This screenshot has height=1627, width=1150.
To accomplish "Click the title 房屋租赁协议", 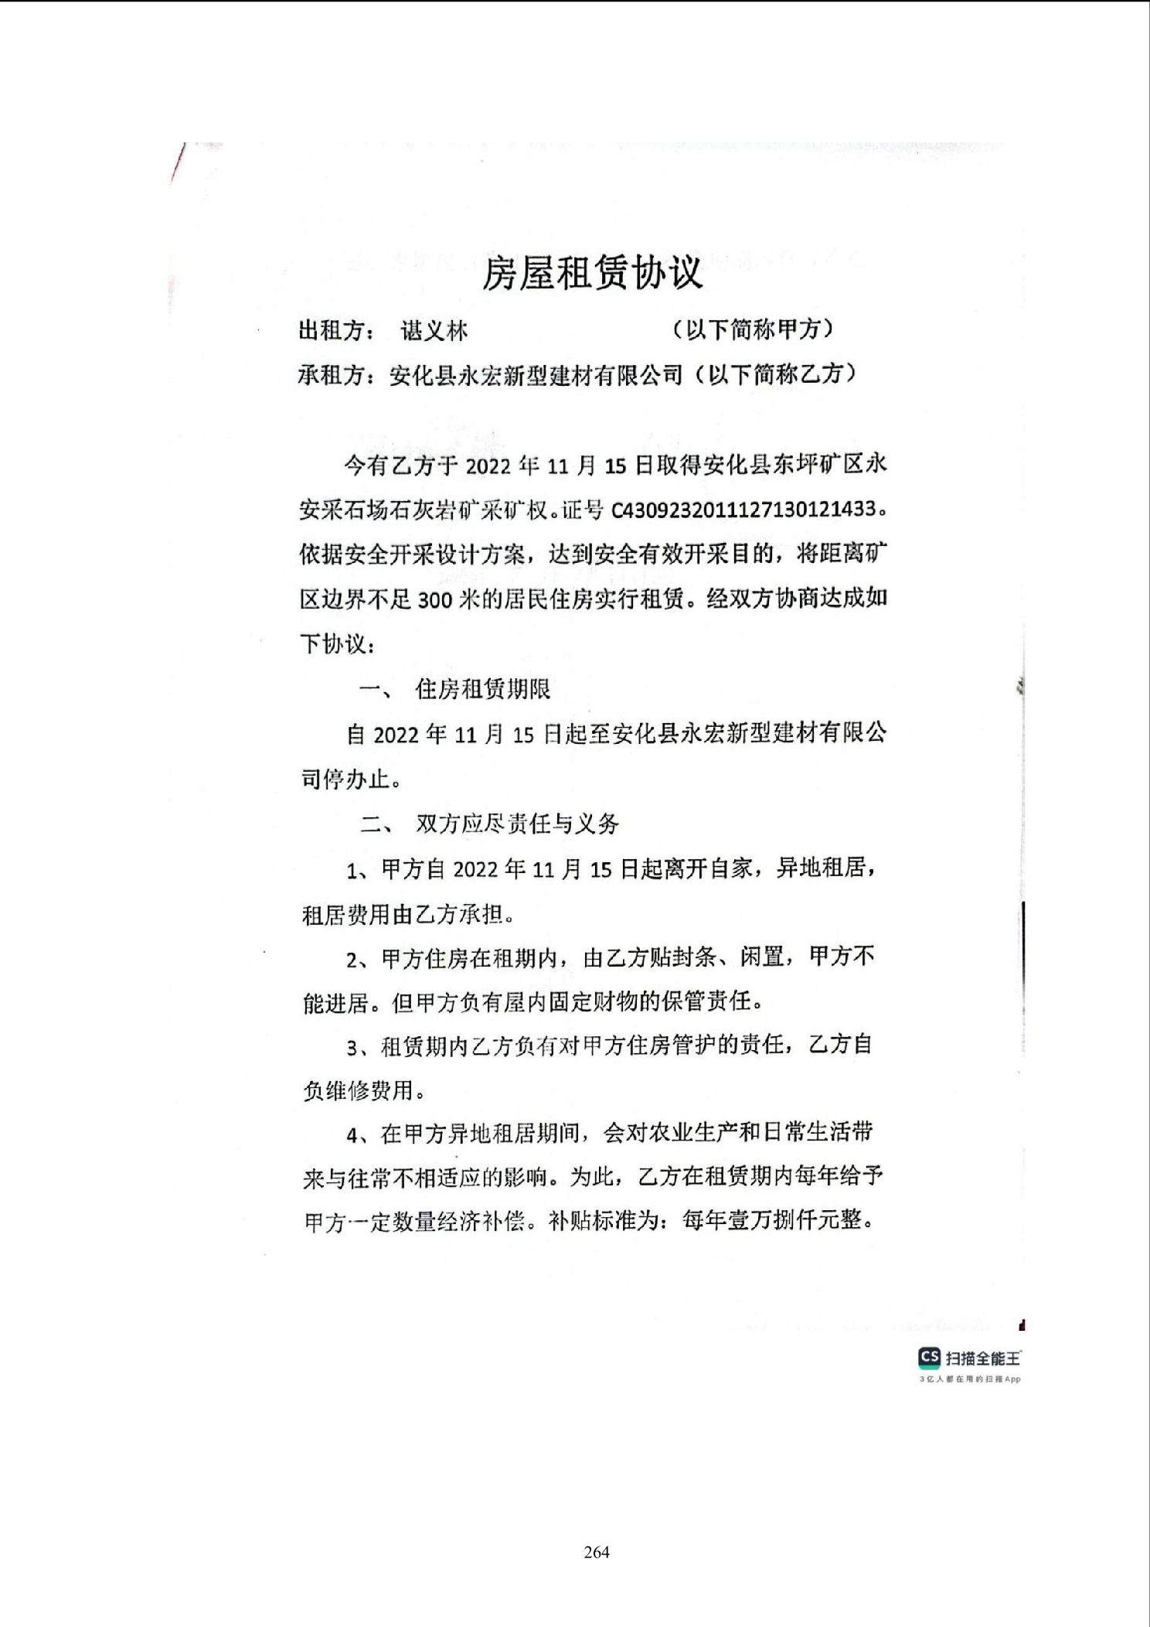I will tap(592, 272).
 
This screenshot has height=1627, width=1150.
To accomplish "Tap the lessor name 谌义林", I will tap(434, 331).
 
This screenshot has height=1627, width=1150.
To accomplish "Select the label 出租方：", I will tap(337, 331).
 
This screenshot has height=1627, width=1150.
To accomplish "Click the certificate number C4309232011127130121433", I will tap(743, 510).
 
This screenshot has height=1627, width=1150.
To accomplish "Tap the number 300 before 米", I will tap(434, 599).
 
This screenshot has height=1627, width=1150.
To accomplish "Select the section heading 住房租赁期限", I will tap(483, 689).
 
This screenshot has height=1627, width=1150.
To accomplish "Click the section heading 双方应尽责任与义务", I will tap(517, 824).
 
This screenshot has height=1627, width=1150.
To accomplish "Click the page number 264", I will tap(597, 1551).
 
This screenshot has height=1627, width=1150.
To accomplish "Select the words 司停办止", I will tap(345, 779).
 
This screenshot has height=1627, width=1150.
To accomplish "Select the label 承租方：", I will tap(337, 375).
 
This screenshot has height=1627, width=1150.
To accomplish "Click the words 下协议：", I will tap(338, 643).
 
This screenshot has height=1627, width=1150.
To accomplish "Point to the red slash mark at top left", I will tap(178, 162).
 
